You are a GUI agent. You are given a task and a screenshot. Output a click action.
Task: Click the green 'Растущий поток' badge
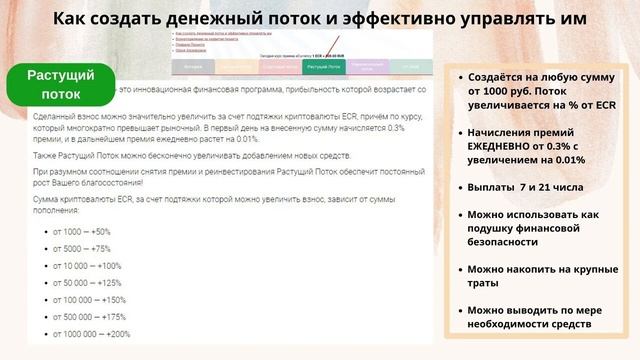click(x=60, y=84)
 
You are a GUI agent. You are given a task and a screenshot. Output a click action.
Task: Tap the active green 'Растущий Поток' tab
click(x=323, y=68)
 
